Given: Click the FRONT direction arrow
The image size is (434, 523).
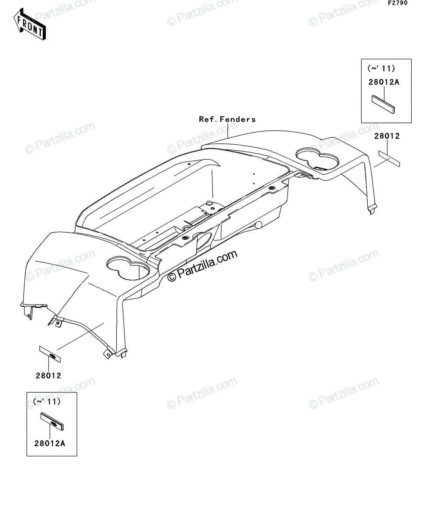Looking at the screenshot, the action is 30,24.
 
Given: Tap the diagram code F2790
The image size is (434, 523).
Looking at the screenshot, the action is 398,3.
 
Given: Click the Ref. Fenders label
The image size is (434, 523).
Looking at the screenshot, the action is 227,119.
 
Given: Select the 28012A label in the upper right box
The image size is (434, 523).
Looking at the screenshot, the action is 383,82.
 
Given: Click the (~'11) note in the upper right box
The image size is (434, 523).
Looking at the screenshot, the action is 381,68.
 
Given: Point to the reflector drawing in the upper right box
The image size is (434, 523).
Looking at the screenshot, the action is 383,104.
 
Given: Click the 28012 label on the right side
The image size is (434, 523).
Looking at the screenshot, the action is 387,136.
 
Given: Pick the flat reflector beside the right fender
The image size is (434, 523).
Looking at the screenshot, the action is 389,159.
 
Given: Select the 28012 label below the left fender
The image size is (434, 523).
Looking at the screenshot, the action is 48,376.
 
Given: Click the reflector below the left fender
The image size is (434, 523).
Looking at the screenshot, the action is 50,354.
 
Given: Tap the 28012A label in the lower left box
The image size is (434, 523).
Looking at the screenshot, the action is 50,444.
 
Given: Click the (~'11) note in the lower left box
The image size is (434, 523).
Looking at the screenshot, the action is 47,402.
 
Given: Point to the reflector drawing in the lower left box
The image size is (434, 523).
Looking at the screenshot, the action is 52,422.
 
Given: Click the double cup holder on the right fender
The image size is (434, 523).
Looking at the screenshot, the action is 318,158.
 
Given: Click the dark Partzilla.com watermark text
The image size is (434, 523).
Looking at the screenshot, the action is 202,266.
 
